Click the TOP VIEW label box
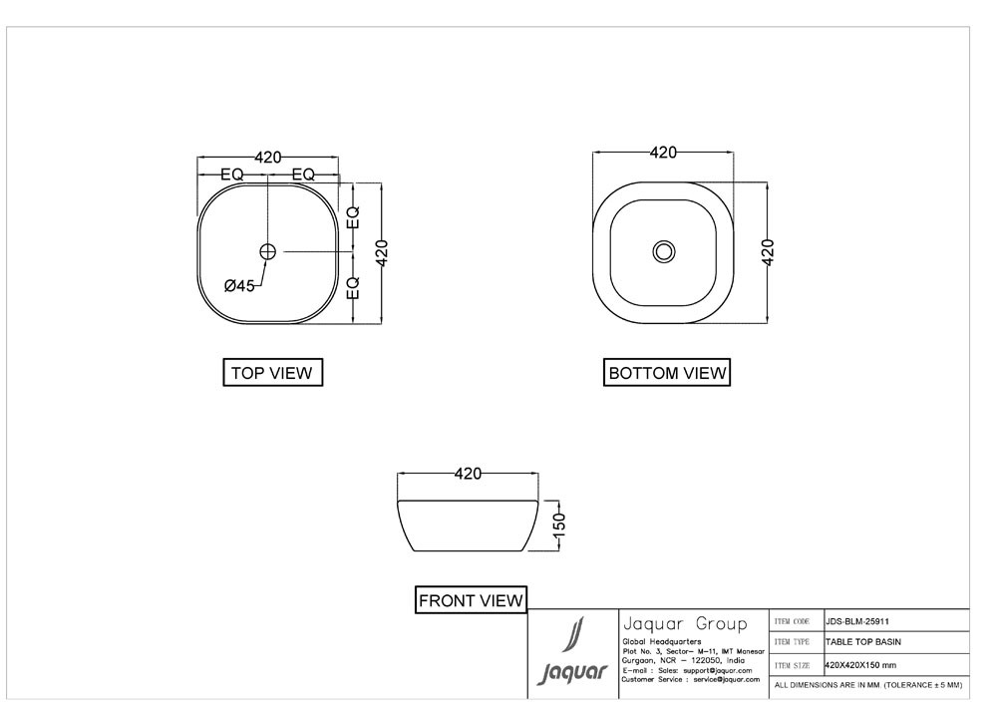[272, 373]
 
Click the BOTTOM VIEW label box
[667, 373]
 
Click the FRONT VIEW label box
[471, 600]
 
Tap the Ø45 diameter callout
[239, 286]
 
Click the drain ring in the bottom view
[664, 251]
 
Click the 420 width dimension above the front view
[469, 474]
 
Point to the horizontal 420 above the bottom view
[663, 153]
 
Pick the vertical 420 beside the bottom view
[768, 252]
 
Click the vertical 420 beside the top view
[382, 252]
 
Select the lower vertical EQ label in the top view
[353, 289]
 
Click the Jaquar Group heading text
[683, 624]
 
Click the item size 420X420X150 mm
[860, 664]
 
